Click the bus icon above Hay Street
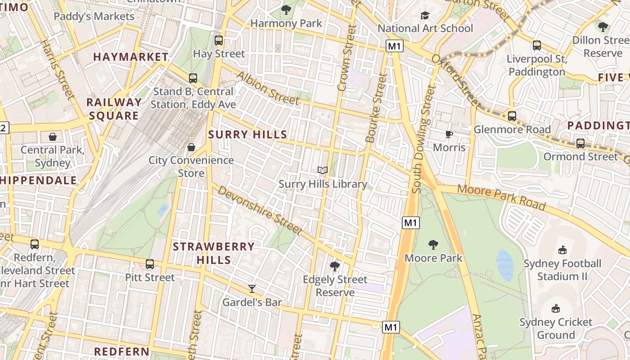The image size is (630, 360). pyautogui.click(x=219, y=40)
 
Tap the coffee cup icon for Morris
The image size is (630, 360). pyautogui.click(x=449, y=134)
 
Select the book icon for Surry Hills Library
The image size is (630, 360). pyautogui.click(x=322, y=171)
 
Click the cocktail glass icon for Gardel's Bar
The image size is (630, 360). pyautogui.click(x=252, y=289)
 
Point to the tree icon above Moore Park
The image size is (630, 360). pyautogui.click(x=433, y=245)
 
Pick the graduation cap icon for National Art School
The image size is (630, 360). pyautogui.click(x=425, y=16)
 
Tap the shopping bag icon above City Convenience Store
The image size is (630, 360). pyautogui.click(x=191, y=147)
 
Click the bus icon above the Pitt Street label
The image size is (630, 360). pyautogui.click(x=150, y=264)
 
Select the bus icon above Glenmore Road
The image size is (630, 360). pyautogui.click(x=512, y=116)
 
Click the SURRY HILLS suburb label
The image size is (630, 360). pyautogui.click(x=247, y=135)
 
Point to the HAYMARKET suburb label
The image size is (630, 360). pyautogui.click(x=130, y=57)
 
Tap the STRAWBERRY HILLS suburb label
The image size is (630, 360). pyautogui.click(x=214, y=253)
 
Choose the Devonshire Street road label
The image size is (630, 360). pyautogui.click(x=260, y=210)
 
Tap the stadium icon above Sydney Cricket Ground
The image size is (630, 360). pyautogui.click(x=556, y=309)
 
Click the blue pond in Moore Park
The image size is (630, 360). pyautogui.click(x=504, y=265)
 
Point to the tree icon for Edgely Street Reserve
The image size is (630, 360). pyautogui.click(x=334, y=266)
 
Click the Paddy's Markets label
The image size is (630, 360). pyautogui.click(x=94, y=17)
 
